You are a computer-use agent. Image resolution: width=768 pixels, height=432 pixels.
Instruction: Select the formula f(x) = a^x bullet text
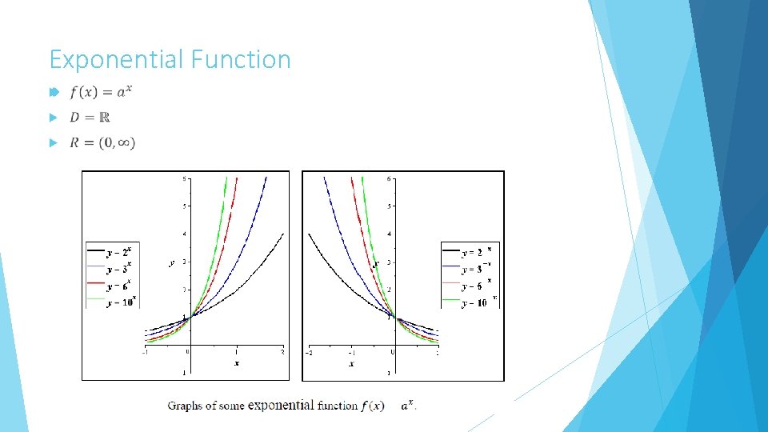(x=99, y=92)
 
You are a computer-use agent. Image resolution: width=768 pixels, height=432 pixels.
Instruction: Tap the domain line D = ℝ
(x=90, y=118)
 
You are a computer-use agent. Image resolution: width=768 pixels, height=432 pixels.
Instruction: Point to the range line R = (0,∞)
(x=102, y=143)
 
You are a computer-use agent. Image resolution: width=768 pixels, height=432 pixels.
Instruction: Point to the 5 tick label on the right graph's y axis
(x=390, y=206)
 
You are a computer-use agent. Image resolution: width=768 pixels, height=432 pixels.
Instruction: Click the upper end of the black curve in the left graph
(x=282, y=234)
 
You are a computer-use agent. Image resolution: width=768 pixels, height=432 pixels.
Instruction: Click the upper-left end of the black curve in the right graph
(x=310, y=234)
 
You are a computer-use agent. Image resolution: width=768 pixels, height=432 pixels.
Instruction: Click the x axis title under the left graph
(x=236, y=364)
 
